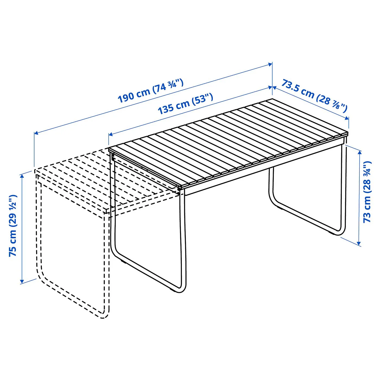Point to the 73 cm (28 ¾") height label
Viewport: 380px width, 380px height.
[x=367, y=192]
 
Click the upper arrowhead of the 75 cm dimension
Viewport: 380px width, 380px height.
[x=22, y=176]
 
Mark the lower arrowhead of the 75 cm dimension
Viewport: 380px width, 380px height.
[x=22, y=281]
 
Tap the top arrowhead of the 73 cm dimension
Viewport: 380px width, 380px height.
[x=359, y=153]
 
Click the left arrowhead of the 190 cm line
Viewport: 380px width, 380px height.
[x=36, y=133]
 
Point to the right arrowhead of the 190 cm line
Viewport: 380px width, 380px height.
[x=270, y=64]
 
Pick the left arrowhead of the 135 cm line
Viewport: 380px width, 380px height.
[x=111, y=134]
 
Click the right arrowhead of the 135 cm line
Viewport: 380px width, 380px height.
[x=270, y=87]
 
